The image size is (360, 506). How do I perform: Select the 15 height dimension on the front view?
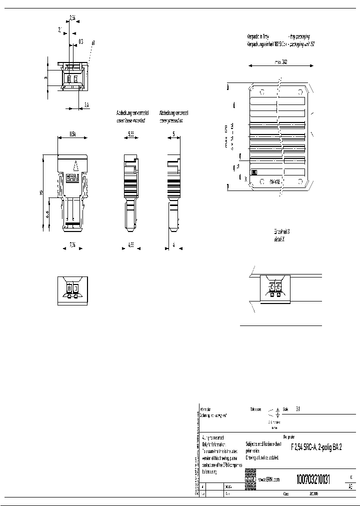(42, 192)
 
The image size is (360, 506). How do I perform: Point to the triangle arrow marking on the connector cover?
(75, 165)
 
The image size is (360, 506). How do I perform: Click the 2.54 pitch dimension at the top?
(72, 18)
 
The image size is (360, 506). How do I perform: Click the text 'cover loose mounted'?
(130, 120)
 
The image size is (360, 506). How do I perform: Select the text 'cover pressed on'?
(171, 120)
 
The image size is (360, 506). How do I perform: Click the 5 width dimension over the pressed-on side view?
(173, 134)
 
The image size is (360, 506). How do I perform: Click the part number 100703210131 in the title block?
(313, 479)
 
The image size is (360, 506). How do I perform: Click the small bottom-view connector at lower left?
(73, 290)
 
